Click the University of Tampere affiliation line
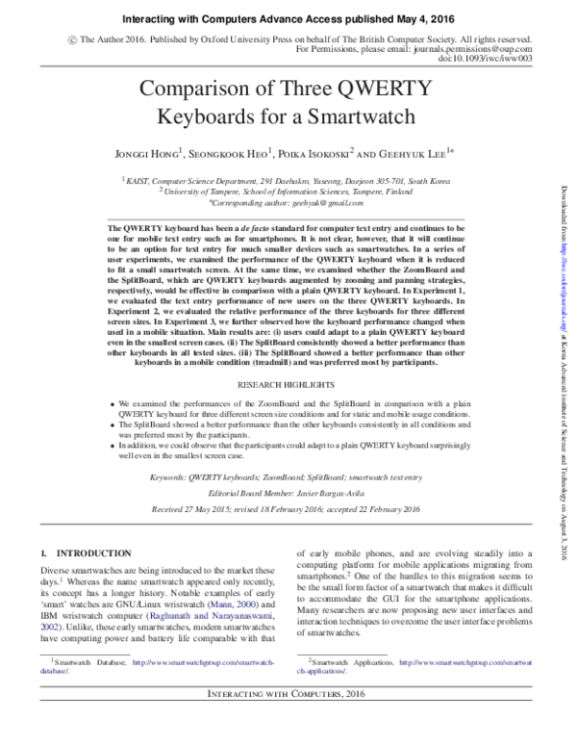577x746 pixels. pos(288,192)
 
